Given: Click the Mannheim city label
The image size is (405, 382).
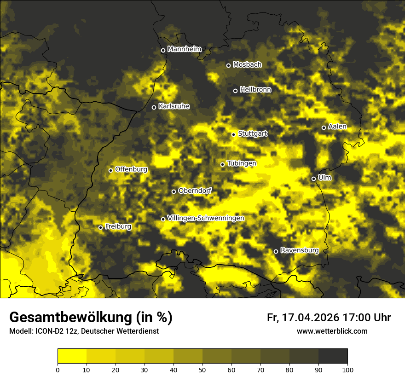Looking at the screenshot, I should [184, 49].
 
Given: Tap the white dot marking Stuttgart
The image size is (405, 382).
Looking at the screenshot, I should [233, 134].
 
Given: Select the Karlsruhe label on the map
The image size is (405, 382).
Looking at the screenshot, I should [174, 106].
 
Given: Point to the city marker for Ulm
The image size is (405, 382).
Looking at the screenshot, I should [313, 179].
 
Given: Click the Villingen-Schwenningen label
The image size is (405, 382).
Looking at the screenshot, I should [206, 218].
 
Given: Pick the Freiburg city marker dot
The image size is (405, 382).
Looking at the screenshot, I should [100, 227].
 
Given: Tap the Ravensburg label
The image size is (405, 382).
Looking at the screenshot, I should [299, 250].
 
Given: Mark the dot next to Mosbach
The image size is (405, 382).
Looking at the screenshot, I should [228, 65].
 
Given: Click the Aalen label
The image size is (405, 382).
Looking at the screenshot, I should [337, 127].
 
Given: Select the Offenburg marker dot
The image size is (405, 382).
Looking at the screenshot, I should [110, 170].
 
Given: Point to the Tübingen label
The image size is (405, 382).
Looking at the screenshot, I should [242, 163].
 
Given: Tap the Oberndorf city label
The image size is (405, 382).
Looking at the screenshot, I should [195, 191].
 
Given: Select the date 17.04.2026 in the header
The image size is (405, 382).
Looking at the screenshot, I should [311, 318].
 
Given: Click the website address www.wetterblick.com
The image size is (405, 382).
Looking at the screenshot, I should [332, 331].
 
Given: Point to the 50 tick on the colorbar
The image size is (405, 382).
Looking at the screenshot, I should [202, 369].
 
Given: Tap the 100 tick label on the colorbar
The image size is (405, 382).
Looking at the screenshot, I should [347, 369].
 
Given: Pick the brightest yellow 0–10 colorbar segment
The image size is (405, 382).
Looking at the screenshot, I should [72, 356].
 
